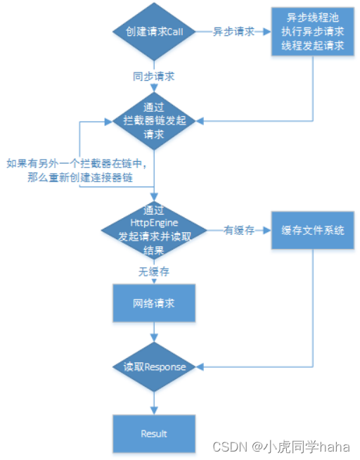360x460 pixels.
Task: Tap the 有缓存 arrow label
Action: [x=238, y=230]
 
